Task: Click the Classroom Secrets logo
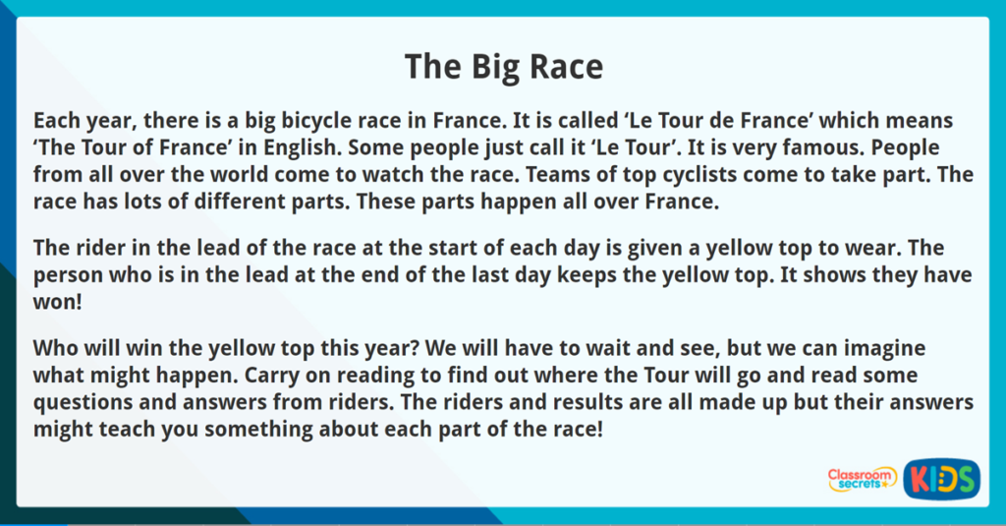862,479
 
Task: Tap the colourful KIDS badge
941,479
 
